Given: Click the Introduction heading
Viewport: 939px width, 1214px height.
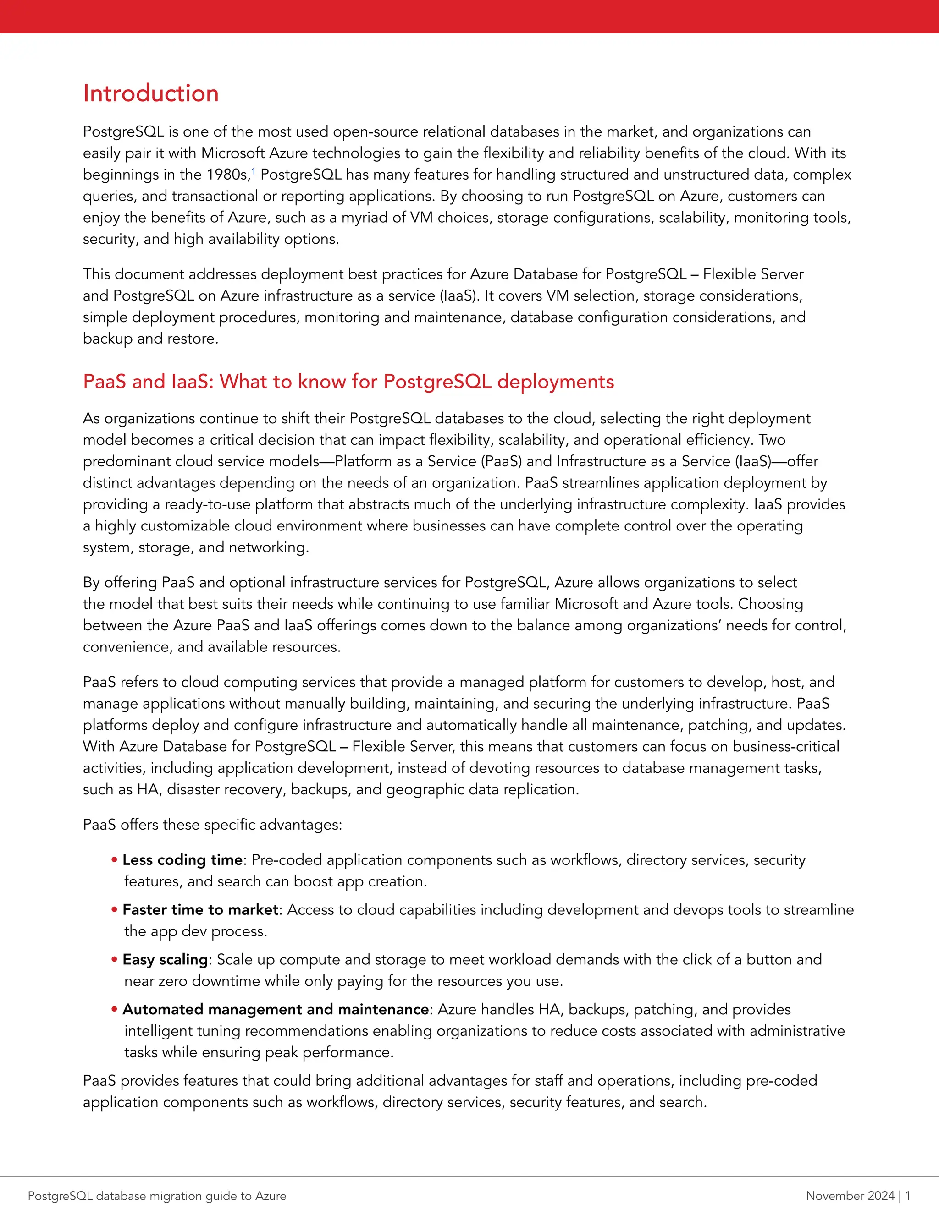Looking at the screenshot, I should [151, 93].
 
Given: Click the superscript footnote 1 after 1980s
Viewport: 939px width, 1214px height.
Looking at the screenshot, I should [254, 171].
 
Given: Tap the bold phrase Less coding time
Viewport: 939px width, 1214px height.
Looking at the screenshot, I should [182, 859].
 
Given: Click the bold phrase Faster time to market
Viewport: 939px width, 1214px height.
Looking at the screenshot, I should [200, 909].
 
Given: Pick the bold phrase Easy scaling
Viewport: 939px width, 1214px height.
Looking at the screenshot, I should [165, 959].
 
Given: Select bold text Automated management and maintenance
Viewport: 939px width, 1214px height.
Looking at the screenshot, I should [276, 1009].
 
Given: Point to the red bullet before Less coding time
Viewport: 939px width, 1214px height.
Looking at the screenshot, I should [114, 860].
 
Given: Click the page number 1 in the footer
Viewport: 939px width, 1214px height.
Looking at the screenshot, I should [908, 1196].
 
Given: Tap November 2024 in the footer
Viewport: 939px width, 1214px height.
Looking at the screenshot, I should [850, 1196].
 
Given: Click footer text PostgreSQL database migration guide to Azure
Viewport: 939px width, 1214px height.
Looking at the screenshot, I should [157, 1196].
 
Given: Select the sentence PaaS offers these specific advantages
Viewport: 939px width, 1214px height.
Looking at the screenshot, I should [212, 824].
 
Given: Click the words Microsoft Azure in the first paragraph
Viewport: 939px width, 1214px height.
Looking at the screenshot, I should [254, 153].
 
